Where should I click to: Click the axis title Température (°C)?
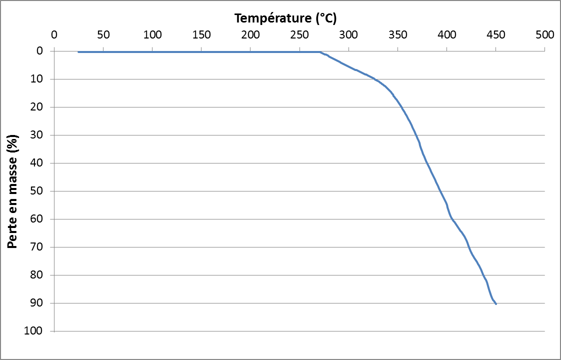click(x=285, y=18)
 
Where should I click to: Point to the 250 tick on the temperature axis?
click(x=299, y=35)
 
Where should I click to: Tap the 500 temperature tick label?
click(x=544, y=35)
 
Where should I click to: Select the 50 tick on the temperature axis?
click(x=103, y=35)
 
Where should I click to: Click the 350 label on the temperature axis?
click(x=397, y=35)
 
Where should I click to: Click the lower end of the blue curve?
click(x=495, y=304)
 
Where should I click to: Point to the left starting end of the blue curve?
click(x=78, y=52)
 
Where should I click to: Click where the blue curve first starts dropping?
click(x=320, y=52)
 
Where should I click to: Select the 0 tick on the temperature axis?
click(x=54, y=35)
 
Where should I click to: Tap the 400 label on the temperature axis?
click(x=446, y=35)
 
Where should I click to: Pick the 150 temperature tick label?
click(x=201, y=35)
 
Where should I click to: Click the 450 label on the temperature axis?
click(x=495, y=35)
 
